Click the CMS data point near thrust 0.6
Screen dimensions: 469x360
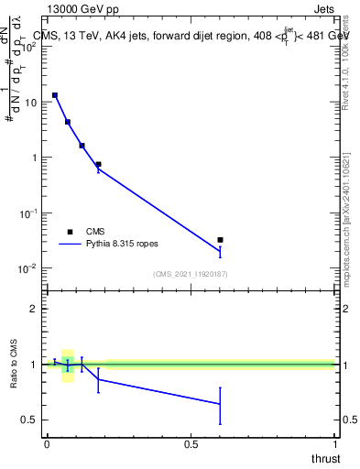point(220,240)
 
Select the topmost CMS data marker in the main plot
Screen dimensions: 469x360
point(55,95)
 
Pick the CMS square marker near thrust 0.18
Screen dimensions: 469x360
point(98,165)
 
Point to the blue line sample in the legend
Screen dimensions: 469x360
point(71,245)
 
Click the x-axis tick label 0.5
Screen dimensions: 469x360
point(191,444)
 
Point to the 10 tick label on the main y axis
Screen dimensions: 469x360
point(30,103)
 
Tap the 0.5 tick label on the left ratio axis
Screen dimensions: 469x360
point(32,420)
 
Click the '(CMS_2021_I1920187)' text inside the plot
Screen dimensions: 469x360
point(190,274)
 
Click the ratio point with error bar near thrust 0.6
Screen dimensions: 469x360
point(220,404)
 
